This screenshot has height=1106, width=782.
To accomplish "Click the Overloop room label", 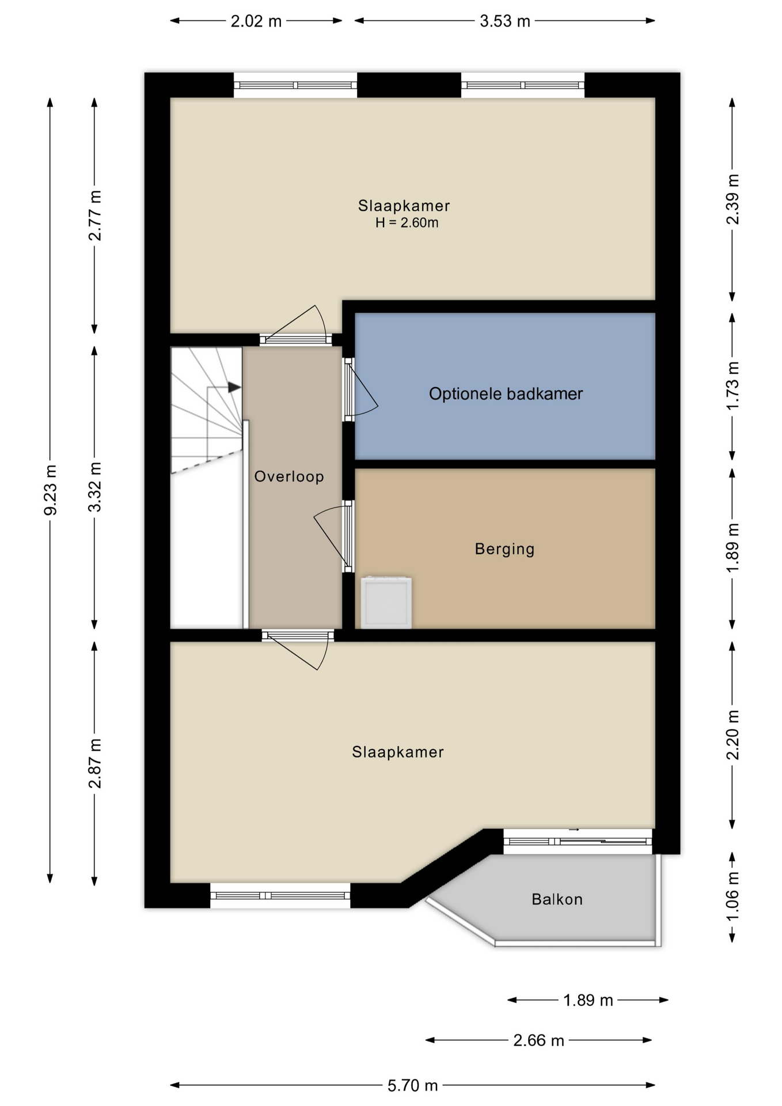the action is [x=289, y=476].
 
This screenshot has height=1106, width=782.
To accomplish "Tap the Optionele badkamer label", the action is [x=506, y=394].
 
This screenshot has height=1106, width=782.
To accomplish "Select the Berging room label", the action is [x=504, y=549].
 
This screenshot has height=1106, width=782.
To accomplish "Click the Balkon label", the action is [x=557, y=899].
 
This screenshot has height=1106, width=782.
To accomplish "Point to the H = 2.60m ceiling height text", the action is [x=407, y=223].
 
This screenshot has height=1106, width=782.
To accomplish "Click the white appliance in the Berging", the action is [x=386, y=603].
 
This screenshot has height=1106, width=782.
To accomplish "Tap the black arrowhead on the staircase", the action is [x=234, y=387].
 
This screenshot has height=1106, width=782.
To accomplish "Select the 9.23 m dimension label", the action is [x=51, y=490].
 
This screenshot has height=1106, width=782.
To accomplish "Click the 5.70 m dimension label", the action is [x=412, y=1086].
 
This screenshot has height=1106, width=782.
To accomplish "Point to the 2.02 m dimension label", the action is [x=256, y=21].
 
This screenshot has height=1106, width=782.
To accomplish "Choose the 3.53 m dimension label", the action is [x=505, y=21].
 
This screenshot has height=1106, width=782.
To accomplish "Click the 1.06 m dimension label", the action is [x=732, y=897].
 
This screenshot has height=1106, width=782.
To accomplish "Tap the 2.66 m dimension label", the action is [x=538, y=1040].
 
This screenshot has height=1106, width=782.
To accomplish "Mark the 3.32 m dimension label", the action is [x=95, y=487].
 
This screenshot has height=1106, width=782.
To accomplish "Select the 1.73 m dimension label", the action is [x=732, y=386].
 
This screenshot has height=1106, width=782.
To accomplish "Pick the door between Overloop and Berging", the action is [x=335, y=536].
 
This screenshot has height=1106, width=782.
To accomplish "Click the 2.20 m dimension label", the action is [x=732, y=735].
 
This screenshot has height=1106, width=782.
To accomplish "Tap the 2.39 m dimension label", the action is [x=732, y=199].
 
